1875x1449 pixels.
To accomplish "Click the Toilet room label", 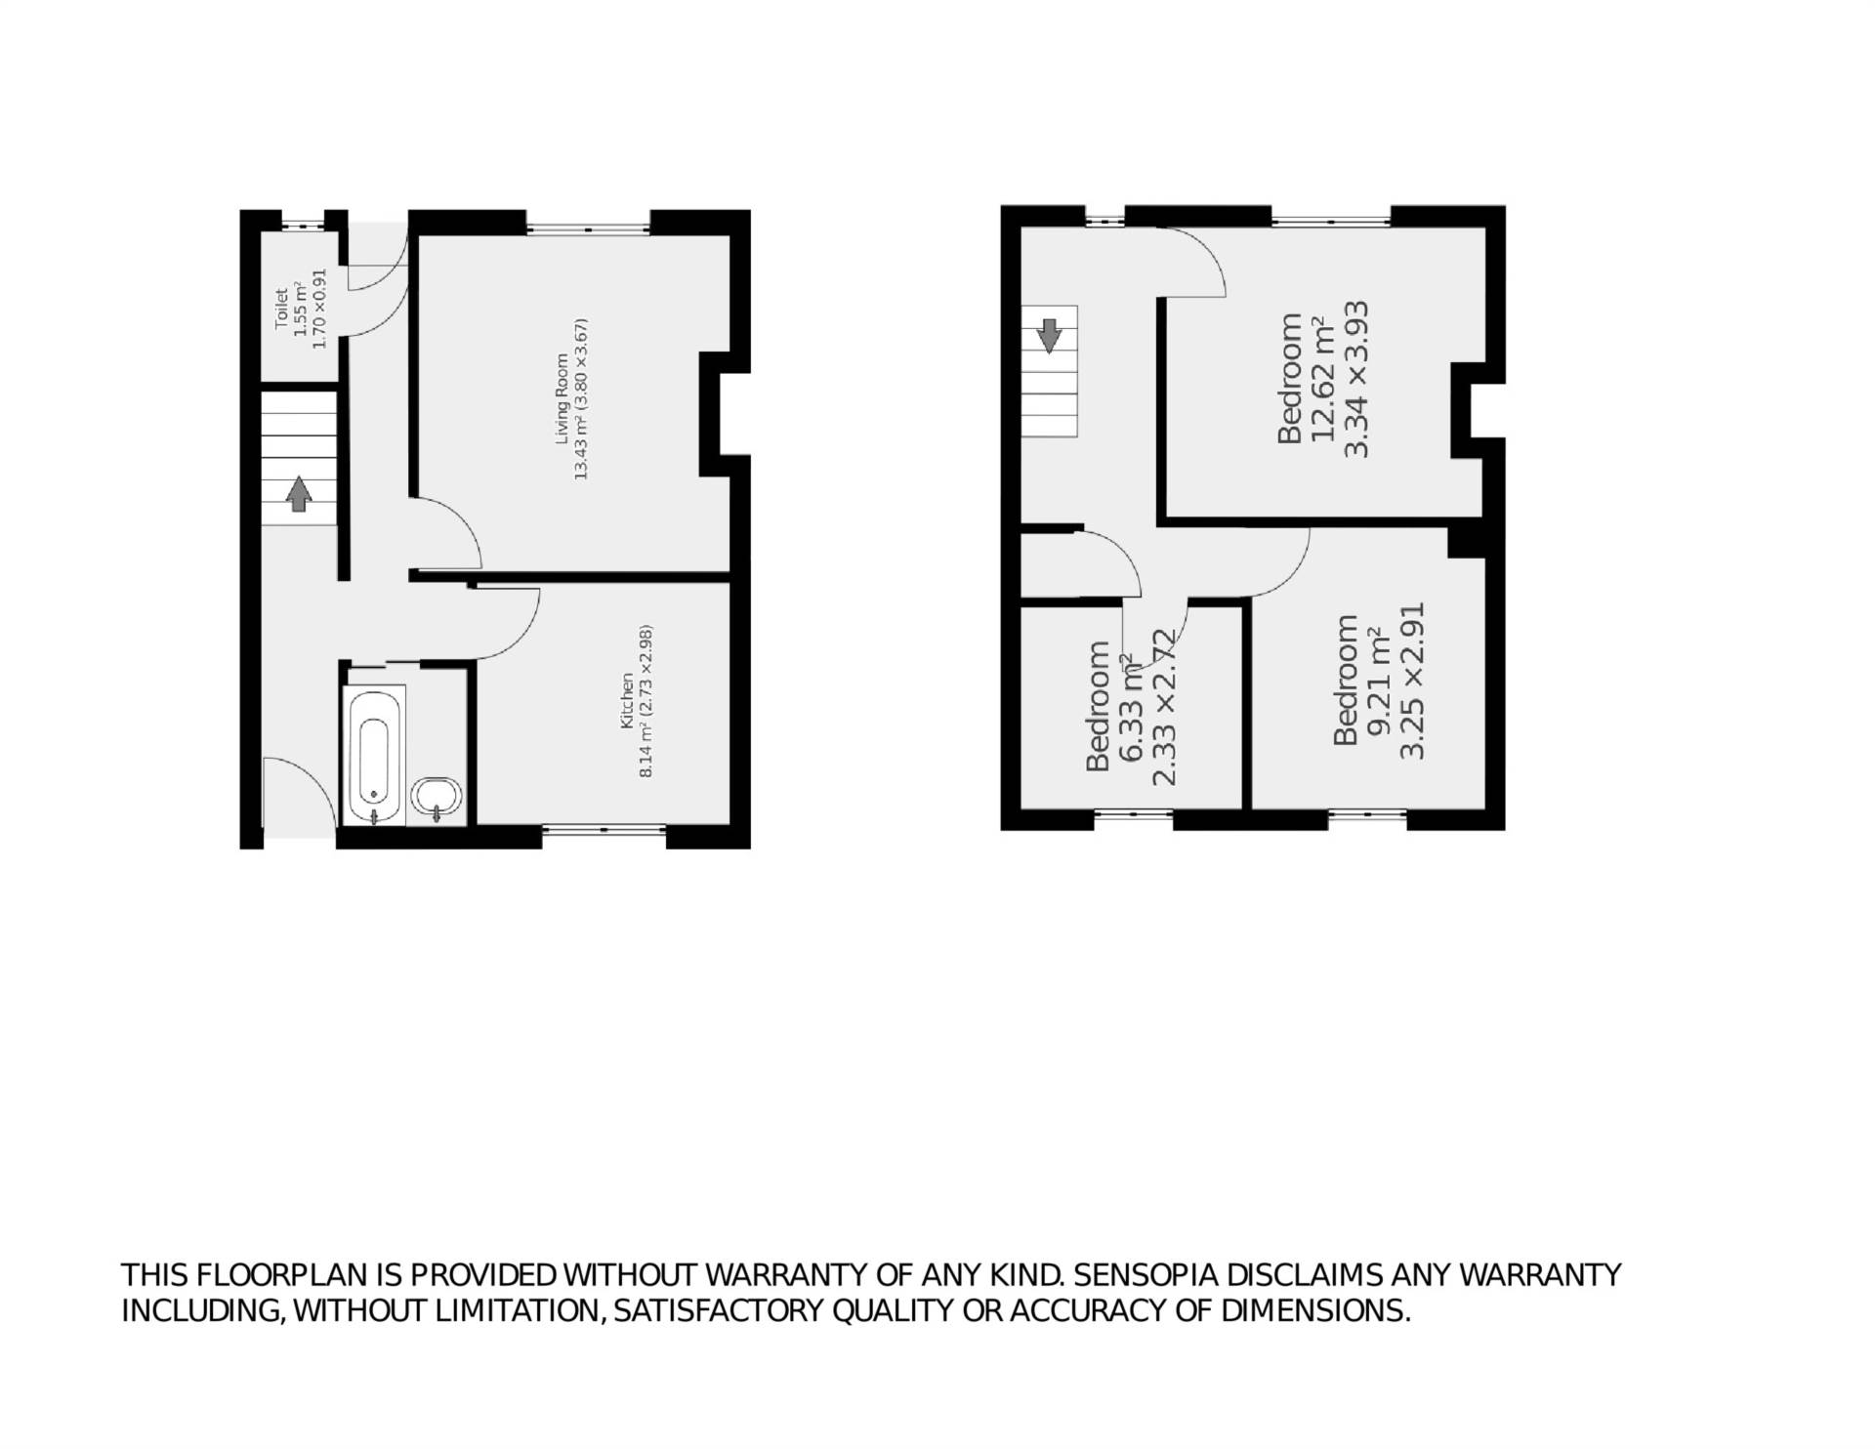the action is pyautogui.click(x=300, y=310).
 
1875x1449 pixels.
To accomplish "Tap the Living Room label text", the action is pyautogui.click(x=569, y=398).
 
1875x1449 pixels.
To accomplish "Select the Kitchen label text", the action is pyautogui.click(x=636, y=701).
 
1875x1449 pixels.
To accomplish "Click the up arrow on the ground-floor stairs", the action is pyautogui.click(x=299, y=494).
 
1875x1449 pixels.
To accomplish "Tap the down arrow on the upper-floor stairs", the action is pyautogui.click(x=1050, y=335).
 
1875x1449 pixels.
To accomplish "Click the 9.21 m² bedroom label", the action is pyautogui.click(x=1379, y=681).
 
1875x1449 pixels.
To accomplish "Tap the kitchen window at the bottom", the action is pyautogui.click(x=604, y=830).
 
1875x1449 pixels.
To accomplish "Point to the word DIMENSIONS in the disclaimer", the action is pyautogui.click(x=1314, y=1310).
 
